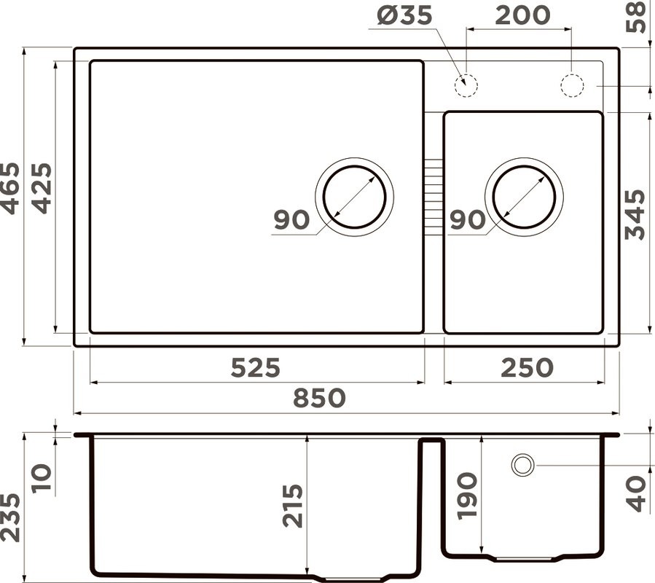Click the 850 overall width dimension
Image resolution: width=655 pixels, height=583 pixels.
pos(319,398)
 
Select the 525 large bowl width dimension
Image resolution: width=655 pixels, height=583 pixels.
pos(255,368)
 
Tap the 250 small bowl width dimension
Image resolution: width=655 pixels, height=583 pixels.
pos(527,368)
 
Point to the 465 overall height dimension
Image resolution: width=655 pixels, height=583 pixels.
pos(10,189)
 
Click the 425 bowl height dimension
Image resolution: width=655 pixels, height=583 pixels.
pos(42,189)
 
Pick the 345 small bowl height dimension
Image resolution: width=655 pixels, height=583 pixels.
pos(635,214)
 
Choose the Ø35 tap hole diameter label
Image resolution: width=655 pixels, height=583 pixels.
pos(404,15)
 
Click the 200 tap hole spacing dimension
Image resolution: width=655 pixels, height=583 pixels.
pos(522,15)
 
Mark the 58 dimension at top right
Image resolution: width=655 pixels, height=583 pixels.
pos(636,17)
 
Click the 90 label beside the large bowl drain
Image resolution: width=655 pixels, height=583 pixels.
pos(291,220)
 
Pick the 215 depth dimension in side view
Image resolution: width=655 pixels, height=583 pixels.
pos(292,506)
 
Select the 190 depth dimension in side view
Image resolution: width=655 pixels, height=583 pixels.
pos(467,496)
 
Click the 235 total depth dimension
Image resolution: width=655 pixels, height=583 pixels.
pos(10,518)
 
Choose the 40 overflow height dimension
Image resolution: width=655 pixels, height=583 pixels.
pos(636,493)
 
